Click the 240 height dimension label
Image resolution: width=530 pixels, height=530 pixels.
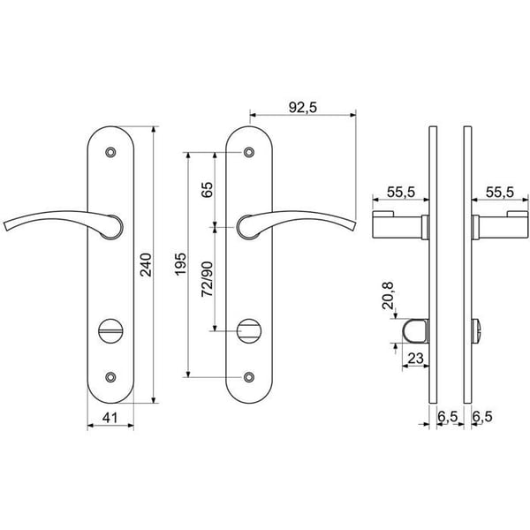click(147, 265)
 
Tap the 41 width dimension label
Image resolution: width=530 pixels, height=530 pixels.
click(110, 418)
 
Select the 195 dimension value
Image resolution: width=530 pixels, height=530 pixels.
click(181, 264)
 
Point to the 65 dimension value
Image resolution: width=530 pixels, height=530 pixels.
click(208, 190)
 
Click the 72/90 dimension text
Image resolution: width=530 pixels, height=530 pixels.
click(208, 279)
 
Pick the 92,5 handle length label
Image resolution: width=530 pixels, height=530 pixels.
click(303, 108)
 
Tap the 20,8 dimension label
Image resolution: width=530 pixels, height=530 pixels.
click(388, 295)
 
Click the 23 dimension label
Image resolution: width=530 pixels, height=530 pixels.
click(416, 359)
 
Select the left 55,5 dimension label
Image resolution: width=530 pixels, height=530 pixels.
click(400, 193)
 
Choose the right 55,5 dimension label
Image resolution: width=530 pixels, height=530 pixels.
click(500, 193)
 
